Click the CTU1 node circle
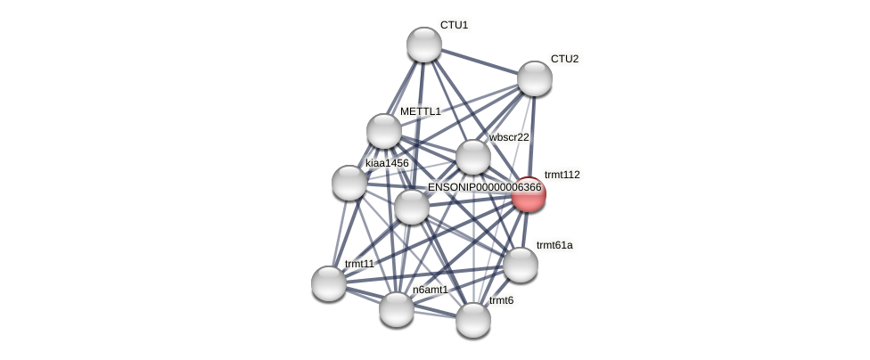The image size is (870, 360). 424,45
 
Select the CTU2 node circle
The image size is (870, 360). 535,78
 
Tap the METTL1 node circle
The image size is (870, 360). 384,131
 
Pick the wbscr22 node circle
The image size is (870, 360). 473,157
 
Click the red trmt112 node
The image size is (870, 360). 529,194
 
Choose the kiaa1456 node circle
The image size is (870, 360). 349,183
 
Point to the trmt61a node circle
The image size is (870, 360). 521,265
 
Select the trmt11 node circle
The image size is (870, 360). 329,283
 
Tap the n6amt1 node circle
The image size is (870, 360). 397,309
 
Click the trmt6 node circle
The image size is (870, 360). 473,320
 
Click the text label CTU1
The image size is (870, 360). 454,25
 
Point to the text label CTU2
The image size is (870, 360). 564,59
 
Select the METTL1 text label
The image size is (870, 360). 420,111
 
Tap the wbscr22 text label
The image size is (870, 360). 509,137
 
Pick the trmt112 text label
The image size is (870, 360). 562,175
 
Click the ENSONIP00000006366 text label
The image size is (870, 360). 484,187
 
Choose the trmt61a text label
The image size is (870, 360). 554,245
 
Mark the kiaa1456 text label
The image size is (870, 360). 387,163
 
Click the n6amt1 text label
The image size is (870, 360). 431,290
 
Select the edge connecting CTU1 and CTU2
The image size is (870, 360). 480,61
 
